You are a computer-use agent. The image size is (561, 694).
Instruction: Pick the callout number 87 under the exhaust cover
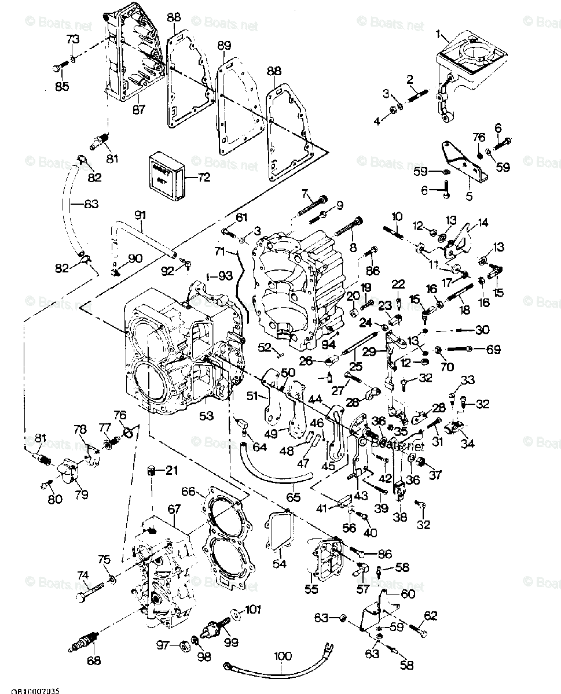[x=138, y=110]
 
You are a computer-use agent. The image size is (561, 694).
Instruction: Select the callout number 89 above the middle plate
[x=224, y=45]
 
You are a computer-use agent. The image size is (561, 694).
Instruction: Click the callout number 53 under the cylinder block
[x=206, y=415]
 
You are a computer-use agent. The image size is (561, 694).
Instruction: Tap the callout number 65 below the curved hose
[x=294, y=497]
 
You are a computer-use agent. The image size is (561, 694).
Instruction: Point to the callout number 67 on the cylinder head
[x=174, y=508]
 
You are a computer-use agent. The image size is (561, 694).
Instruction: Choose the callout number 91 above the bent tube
[x=140, y=215]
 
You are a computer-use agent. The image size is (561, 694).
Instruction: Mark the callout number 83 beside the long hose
[x=91, y=204]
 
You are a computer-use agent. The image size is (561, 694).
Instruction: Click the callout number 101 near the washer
[x=253, y=609]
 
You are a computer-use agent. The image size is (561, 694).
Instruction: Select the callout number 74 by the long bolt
[x=84, y=575]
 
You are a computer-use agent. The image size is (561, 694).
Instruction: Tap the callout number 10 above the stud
[x=397, y=216]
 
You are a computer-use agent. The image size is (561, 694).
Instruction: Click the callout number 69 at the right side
[x=493, y=349]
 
